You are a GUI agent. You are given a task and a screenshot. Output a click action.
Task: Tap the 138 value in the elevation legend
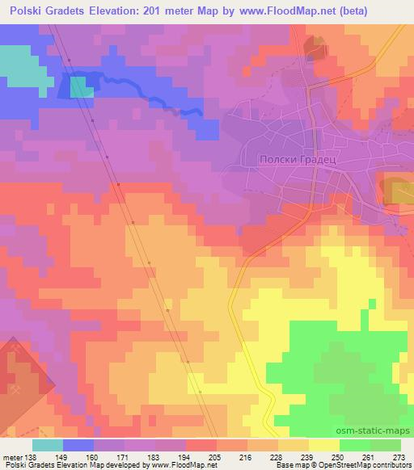coord(32,456)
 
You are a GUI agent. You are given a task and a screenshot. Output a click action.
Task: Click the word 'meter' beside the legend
coord(11,456)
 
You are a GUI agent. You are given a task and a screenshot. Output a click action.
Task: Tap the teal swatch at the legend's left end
coord(47,445)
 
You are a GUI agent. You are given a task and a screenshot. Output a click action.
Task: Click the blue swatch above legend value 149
coord(78,445)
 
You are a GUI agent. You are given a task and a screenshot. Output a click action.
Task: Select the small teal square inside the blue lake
coord(82,87)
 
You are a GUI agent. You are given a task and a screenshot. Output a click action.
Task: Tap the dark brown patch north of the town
coord(314,48)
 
